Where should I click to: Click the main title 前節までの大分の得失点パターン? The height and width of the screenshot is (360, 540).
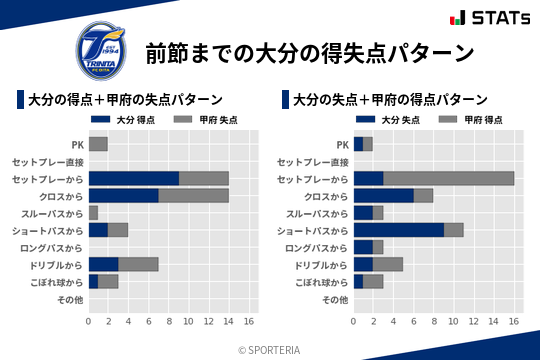coord(309,52)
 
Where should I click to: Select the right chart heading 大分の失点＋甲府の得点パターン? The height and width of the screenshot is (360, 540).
coord(390,100)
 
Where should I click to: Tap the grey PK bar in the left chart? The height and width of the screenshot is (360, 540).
coord(98,144)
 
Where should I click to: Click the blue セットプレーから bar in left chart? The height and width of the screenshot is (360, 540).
coord(134,178)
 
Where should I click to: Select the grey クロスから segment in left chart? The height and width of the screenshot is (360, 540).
coord(194,195)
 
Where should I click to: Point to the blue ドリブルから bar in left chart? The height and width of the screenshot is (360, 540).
coord(103,264)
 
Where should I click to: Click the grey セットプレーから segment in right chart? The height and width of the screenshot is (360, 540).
coord(449,178)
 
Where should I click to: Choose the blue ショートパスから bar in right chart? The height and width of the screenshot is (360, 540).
coord(399,229)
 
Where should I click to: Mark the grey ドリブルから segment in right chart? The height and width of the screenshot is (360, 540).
coord(388,264)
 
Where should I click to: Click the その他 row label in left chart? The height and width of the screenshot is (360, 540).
coord(69,299)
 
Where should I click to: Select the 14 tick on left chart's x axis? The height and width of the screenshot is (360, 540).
coord(229,322)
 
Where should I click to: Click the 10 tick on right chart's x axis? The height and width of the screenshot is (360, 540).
coord(454,322)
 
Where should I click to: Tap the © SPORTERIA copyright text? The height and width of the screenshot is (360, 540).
coord(270,349)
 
